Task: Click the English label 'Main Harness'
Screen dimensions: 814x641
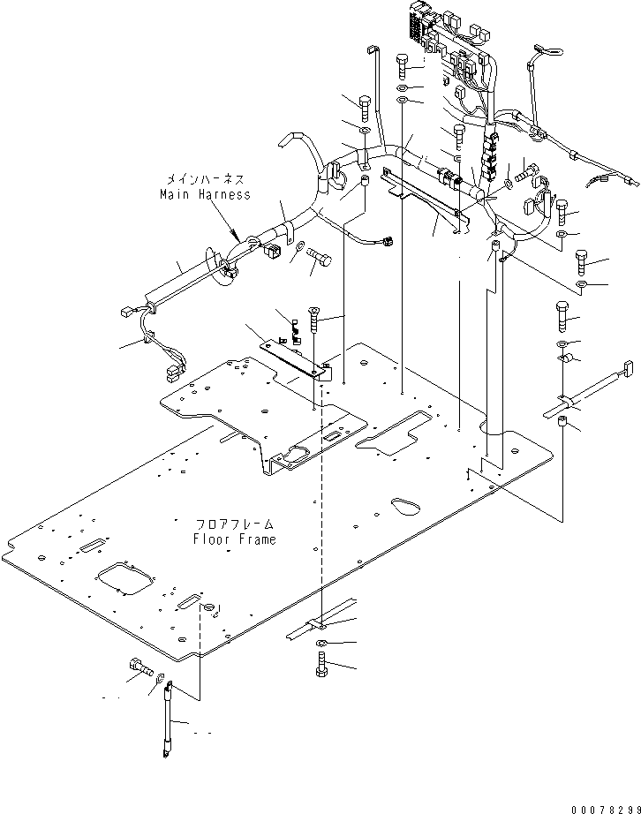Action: pos(205,194)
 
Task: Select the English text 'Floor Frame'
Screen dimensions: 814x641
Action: pos(234,539)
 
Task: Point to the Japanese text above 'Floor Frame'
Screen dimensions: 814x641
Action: pos(234,524)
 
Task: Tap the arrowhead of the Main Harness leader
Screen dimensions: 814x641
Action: pos(233,237)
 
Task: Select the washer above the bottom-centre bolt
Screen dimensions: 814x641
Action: pos(321,642)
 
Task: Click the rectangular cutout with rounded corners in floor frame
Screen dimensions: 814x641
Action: pos(124,579)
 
